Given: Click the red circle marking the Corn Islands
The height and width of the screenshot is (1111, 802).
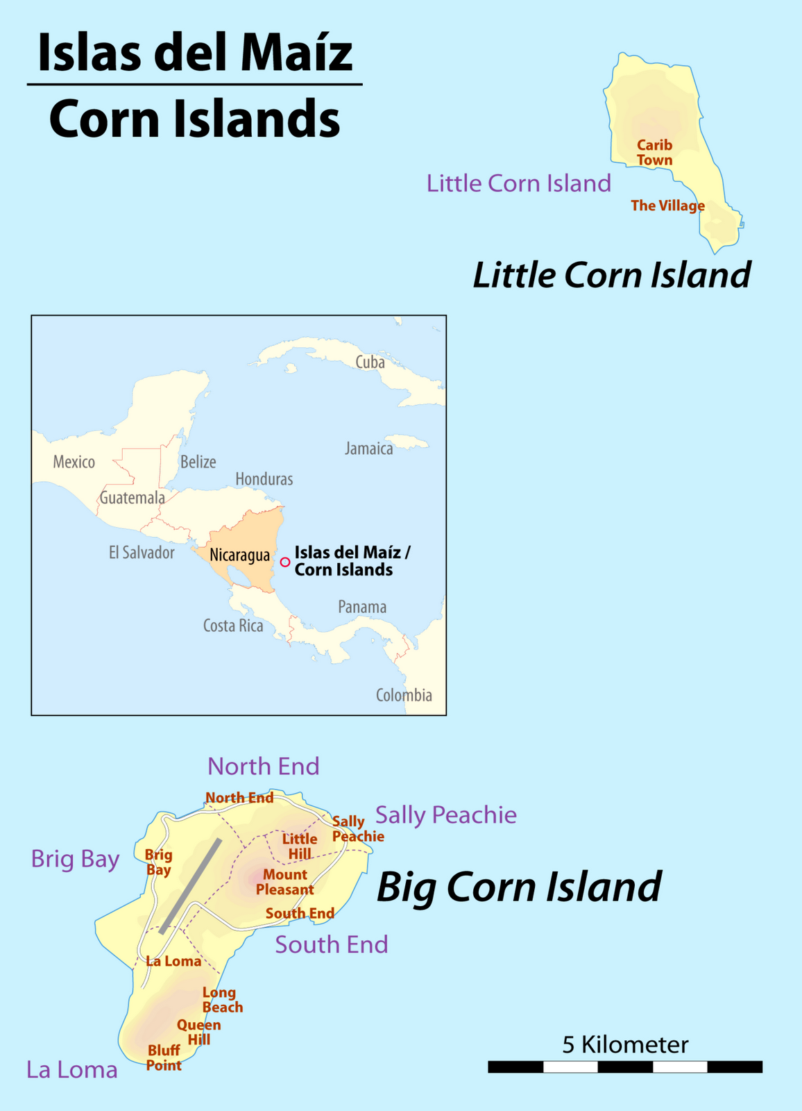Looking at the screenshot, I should click(x=285, y=562).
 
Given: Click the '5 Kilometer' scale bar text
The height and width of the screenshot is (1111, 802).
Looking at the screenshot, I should click(x=625, y=1044).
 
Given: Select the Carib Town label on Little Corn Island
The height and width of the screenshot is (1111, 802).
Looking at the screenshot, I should click(x=655, y=153).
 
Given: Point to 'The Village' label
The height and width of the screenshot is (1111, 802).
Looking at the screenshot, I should click(x=667, y=206).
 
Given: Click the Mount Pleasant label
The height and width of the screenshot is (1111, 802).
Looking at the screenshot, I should click(x=285, y=882).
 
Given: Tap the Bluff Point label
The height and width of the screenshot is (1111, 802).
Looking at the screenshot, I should click(x=164, y=1058).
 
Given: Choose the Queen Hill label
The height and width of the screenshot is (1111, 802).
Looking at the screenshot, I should click(x=198, y=1032).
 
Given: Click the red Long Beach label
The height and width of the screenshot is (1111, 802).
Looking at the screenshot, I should click(x=222, y=1000).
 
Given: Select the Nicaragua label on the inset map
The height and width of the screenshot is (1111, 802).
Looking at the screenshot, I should click(x=239, y=555).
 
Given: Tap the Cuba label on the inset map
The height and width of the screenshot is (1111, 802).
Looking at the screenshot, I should click(x=370, y=362).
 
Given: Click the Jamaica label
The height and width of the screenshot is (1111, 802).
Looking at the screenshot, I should click(x=369, y=449).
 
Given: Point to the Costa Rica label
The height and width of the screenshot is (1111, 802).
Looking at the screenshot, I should click(x=233, y=626).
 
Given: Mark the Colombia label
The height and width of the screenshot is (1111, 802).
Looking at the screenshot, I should click(x=404, y=695).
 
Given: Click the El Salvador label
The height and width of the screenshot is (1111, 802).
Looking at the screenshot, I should click(x=142, y=553).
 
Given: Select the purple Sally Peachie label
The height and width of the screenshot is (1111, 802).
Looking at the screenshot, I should click(x=445, y=815).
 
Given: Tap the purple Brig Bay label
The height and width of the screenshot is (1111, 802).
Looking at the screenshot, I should click(x=75, y=859).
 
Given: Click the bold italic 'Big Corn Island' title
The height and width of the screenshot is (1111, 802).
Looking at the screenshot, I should click(x=518, y=887).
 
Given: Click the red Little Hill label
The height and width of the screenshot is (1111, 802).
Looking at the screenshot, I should click(x=300, y=846).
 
